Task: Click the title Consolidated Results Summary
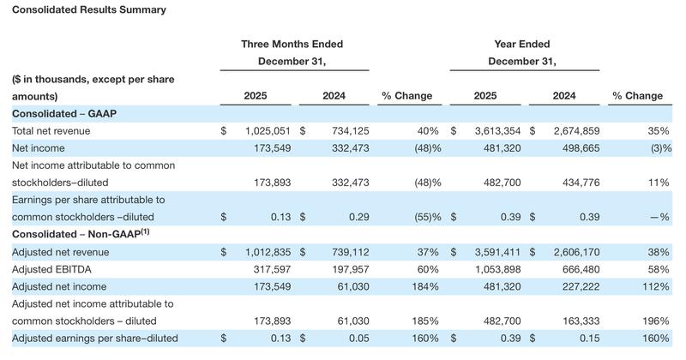click(89, 10)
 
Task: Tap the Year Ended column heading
click(522, 45)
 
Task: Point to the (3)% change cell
click(656, 148)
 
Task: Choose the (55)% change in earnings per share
click(420, 218)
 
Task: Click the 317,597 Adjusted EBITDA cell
click(269, 269)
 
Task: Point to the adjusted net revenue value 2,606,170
click(567, 252)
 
